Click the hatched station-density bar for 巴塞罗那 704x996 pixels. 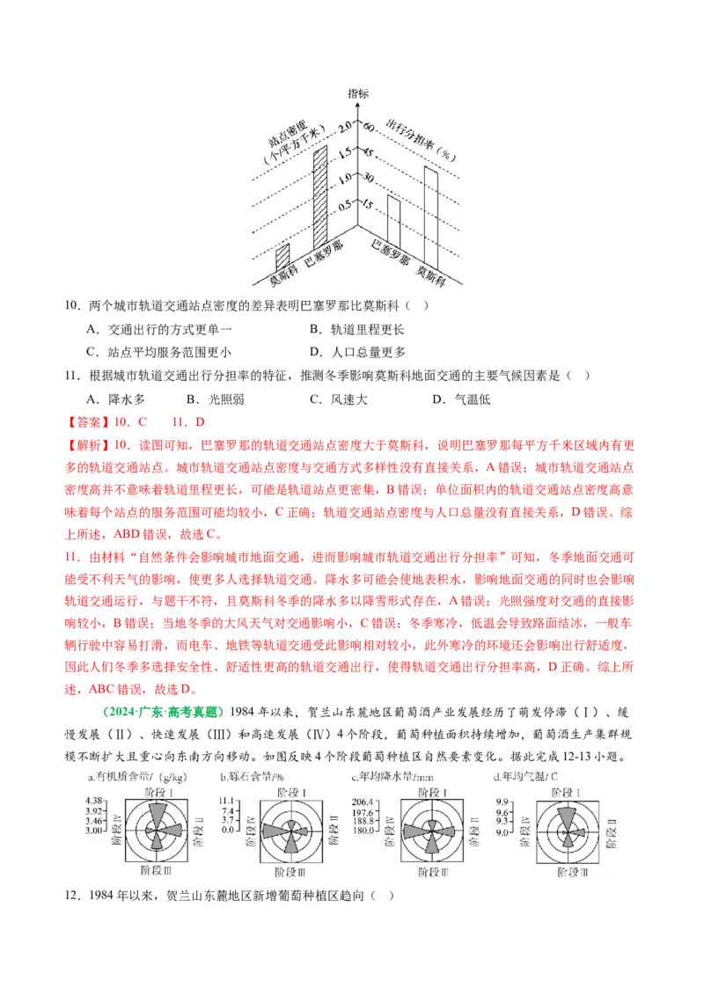click(320, 199)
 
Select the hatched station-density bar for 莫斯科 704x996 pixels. click(282, 257)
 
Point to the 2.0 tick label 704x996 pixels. click(344, 125)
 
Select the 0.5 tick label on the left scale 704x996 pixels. click(344, 205)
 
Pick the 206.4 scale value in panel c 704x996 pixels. click(363, 800)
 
